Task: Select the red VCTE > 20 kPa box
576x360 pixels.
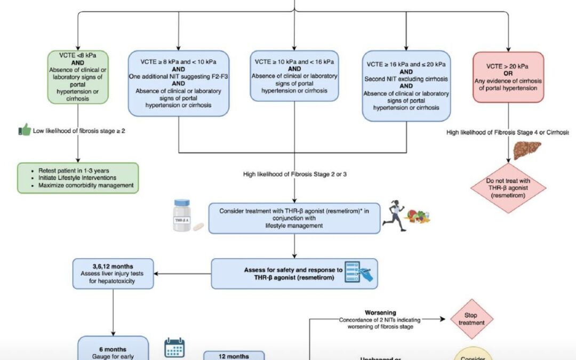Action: [508, 77]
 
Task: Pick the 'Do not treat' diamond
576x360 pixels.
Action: [509, 187]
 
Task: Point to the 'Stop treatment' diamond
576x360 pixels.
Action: [471, 318]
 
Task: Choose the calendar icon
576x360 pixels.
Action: [174, 347]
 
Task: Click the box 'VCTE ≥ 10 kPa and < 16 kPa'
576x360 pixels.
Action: [296, 76]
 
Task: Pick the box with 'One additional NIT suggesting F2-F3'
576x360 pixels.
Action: [178, 83]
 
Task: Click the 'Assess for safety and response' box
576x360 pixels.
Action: [294, 273]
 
